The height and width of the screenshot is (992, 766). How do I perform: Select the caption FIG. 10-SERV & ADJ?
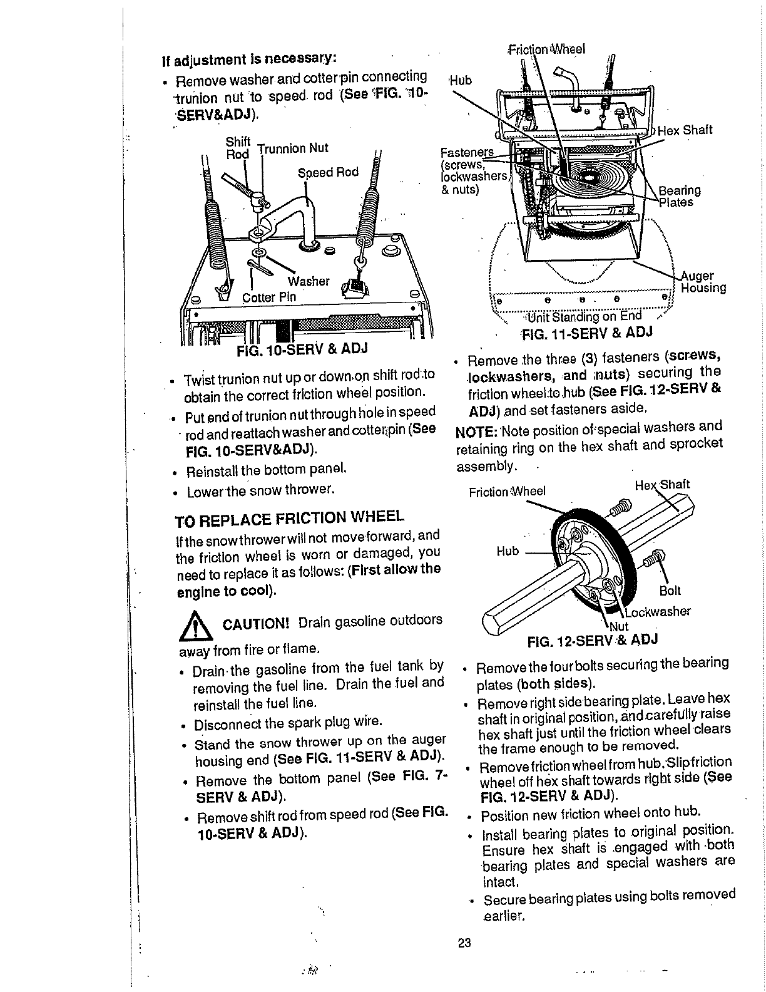(x=301, y=348)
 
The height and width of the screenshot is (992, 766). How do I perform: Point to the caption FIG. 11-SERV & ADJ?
(x=585, y=332)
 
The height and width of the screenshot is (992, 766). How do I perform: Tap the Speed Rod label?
(x=328, y=173)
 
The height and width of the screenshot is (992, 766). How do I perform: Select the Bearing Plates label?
(x=680, y=196)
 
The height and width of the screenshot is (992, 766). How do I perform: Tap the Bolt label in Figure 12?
(x=670, y=591)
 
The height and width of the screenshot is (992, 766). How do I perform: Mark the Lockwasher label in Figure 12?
(x=660, y=611)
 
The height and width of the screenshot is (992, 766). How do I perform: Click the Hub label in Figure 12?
(x=508, y=551)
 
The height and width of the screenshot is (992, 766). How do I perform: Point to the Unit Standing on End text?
(x=583, y=316)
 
